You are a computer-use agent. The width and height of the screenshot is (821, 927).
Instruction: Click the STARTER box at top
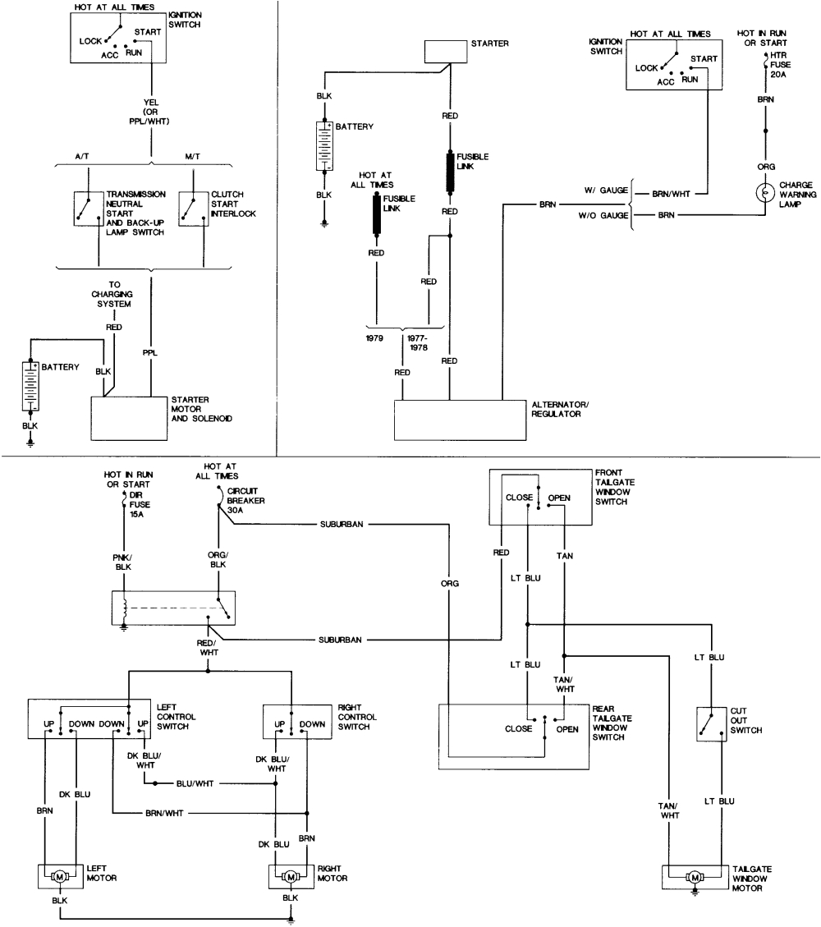[444, 52]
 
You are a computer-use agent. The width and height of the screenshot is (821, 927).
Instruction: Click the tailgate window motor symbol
[695, 878]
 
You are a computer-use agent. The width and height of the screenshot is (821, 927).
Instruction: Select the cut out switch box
[709, 723]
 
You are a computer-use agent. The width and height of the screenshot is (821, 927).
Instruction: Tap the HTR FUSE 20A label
[778, 63]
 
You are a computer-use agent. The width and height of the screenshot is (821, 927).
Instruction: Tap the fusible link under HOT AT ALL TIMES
[378, 216]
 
